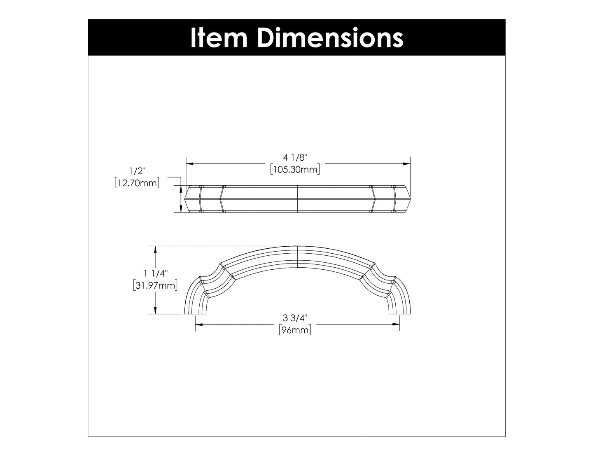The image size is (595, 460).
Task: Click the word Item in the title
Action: tap(218, 38)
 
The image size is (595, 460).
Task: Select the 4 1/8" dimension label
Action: tap(295, 157)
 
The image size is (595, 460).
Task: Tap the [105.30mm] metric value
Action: tap(295, 169)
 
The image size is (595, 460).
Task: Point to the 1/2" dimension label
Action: tap(136, 171)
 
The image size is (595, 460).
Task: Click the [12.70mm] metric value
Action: tap(137, 183)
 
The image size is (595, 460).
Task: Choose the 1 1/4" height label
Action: tap(155, 273)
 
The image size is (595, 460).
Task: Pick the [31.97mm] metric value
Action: tap(155, 285)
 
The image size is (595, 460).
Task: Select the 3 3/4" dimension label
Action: tap(295, 318)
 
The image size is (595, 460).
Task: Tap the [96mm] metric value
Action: tap(295, 330)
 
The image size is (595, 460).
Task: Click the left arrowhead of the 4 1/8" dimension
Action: tap(190, 163)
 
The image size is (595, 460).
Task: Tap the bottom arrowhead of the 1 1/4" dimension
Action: tap(155, 311)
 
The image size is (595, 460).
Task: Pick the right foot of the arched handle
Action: tap(394, 311)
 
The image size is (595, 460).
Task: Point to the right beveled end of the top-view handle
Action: tap(401, 198)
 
